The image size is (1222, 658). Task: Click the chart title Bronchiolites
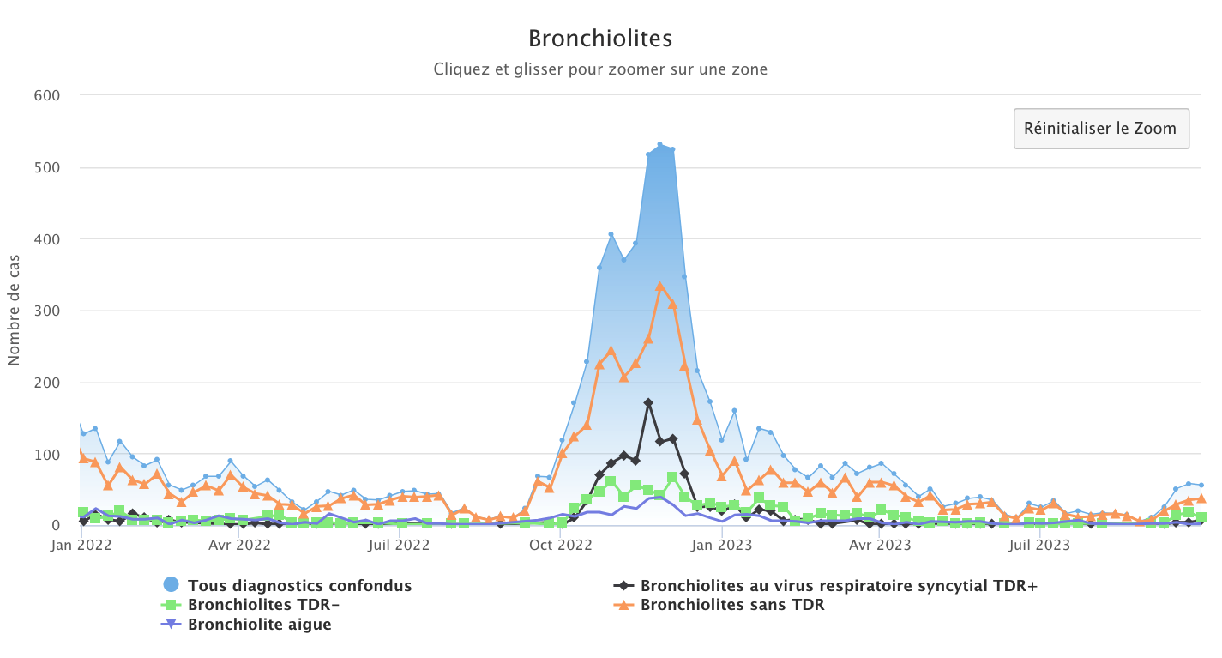(600, 39)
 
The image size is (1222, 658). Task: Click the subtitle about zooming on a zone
(600, 69)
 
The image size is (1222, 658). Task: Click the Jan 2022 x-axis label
(80, 544)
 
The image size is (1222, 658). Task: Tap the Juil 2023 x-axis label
(1038, 544)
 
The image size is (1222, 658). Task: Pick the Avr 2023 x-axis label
(881, 544)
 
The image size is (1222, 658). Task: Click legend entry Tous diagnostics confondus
(299, 586)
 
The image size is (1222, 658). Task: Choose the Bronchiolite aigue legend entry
(259, 625)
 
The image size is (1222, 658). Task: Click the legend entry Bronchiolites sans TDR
(731, 605)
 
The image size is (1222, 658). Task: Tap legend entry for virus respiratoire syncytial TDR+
(838, 586)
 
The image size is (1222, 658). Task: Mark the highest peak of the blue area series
(659, 144)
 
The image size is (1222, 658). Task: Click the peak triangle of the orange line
(659, 287)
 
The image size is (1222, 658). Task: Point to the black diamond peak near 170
(648, 403)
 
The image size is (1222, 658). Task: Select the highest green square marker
(672, 477)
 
